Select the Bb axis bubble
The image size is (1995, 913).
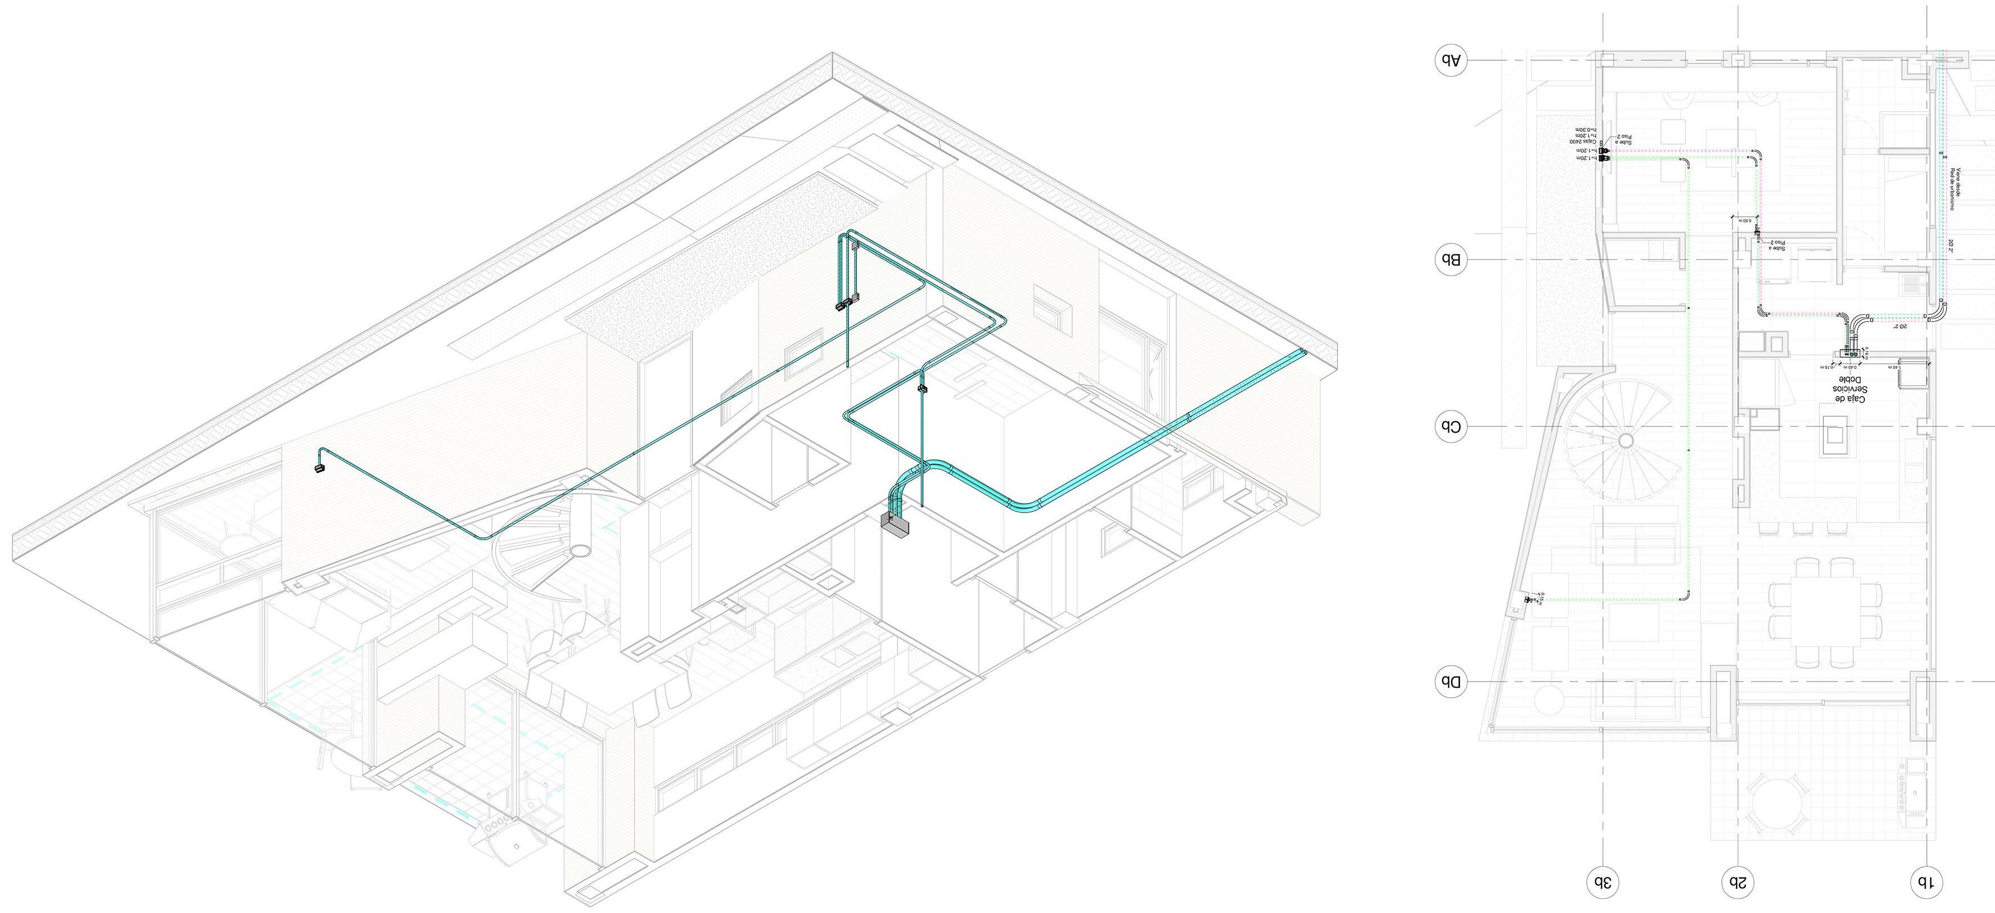point(1450,260)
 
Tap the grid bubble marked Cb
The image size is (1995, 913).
point(1450,427)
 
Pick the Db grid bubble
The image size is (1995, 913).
point(1450,682)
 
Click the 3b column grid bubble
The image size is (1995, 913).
point(1603,882)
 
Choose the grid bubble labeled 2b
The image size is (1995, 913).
point(1738,882)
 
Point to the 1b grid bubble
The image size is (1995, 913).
point(1926,882)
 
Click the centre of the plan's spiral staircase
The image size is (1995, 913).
point(1626,440)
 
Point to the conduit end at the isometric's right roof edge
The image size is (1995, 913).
point(1304,353)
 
